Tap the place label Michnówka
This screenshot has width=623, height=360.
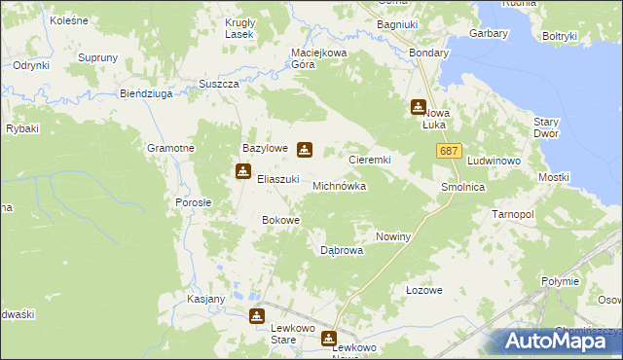click(339, 185)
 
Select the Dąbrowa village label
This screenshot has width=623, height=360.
click(342, 250)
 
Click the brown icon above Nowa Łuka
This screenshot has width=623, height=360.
click(419, 107)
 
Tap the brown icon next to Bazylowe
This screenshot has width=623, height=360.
click(305, 149)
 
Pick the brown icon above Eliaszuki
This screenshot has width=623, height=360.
click(242, 172)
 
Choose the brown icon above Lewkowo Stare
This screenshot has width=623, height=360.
click(257, 315)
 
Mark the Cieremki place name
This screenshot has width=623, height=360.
click(370, 158)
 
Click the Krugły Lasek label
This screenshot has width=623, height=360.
click(238, 28)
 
